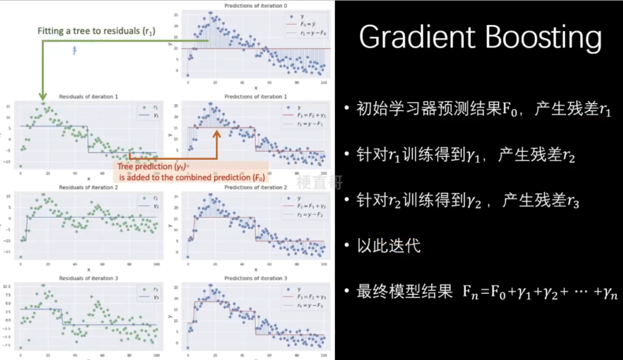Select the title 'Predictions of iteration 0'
point(256,5)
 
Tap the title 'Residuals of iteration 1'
point(88,97)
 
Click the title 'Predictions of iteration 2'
point(256,188)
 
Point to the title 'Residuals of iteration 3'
point(88,279)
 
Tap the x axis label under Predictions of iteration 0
point(256,88)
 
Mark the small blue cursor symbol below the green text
point(75,50)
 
